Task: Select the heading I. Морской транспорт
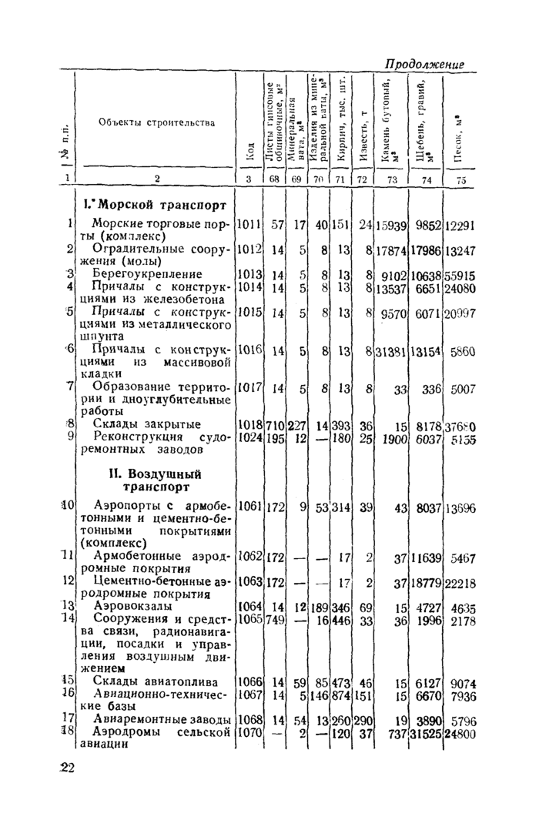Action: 154,206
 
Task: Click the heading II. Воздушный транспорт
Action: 155,480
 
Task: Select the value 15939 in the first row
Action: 391,226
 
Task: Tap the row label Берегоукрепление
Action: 147,274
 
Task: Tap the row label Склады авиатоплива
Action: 155,682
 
